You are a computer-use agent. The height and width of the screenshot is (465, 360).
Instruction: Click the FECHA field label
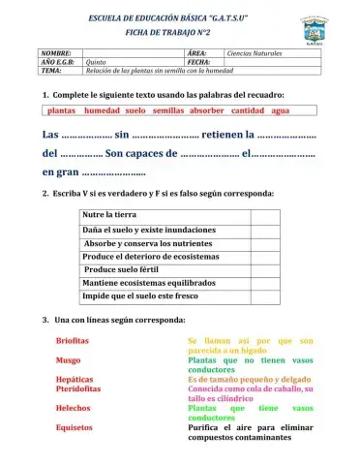point(197,62)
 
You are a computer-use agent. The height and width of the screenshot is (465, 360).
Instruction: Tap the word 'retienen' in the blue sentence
point(215,135)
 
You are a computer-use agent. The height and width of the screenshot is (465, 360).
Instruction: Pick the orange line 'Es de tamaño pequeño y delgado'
point(249,379)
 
